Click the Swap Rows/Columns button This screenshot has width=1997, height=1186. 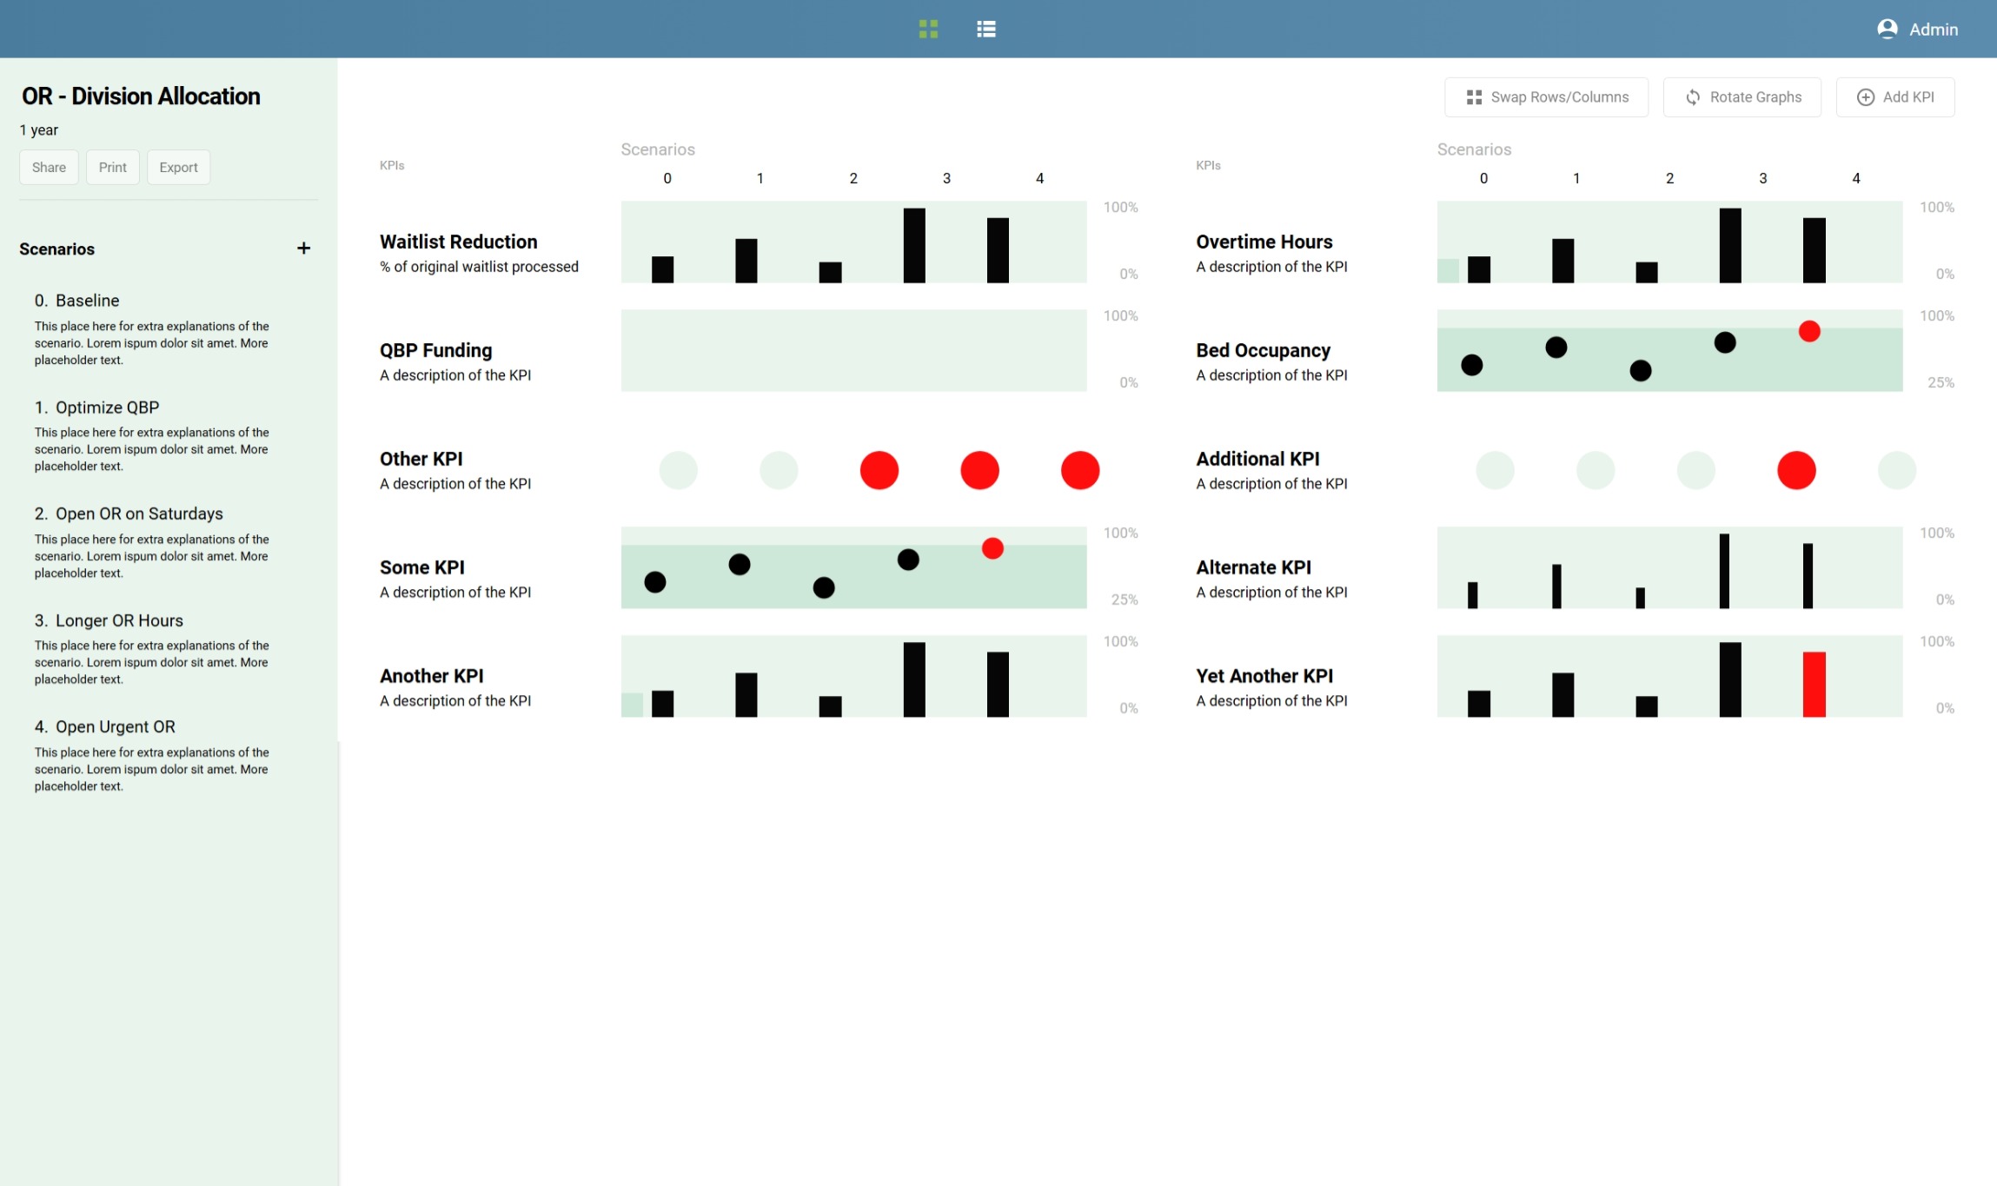click(1546, 97)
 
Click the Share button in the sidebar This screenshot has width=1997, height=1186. click(49, 168)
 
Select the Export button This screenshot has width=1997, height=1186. click(178, 168)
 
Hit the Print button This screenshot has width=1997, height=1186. click(112, 168)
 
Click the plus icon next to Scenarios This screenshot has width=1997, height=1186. click(303, 248)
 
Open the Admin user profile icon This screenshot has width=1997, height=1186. click(1887, 29)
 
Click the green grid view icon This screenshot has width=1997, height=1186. click(928, 29)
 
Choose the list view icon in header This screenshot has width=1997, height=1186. click(985, 29)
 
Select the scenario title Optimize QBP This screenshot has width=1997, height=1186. click(107, 407)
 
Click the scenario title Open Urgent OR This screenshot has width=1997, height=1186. click(115, 727)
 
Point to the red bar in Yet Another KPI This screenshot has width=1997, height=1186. click(1814, 684)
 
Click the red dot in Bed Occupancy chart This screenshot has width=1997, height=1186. click(1809, 331)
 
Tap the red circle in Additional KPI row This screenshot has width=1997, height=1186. click(1796, 470)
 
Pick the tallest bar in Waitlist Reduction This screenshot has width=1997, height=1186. click(914, 245)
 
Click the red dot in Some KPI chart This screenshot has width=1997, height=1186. click(992, 548)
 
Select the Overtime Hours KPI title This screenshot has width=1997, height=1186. click(1264, 242)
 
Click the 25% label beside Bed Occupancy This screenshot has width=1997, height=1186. click(1941, 382)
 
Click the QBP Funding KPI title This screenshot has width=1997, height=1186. click(435, 350)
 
